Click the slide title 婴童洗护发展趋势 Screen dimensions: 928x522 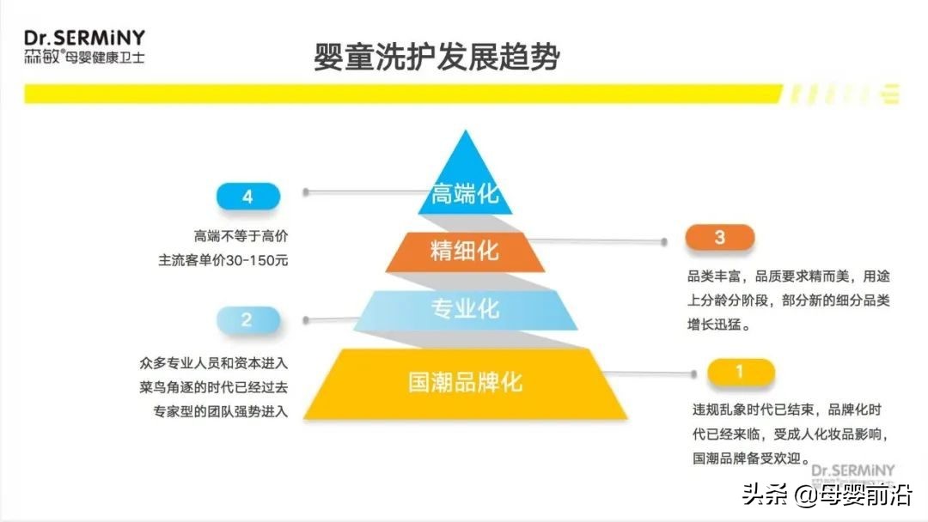[437, 57]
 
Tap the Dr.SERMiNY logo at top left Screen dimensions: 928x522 [84, 46]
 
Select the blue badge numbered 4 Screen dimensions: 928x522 [248, 197]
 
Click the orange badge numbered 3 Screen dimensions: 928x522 [720, 237]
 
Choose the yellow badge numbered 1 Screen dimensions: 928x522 [741, 372]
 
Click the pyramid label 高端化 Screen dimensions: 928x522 [465, 193]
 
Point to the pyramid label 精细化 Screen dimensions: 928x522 [465, 251]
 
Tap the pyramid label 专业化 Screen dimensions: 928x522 [465, 308]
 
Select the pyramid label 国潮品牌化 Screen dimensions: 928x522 [465, 382]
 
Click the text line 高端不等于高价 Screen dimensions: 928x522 [241, 236]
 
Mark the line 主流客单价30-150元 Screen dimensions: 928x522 [223, 260]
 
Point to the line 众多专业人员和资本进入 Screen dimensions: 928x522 [214, 363]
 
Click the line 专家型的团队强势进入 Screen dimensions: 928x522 [221, 411]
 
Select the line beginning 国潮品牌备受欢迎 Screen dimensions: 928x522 [751, 458]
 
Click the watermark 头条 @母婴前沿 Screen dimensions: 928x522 [827, 494]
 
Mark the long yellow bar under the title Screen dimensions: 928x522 [403, 94]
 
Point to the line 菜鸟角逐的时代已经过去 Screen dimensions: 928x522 [214, 387]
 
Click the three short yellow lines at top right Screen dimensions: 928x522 [890, 94]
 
